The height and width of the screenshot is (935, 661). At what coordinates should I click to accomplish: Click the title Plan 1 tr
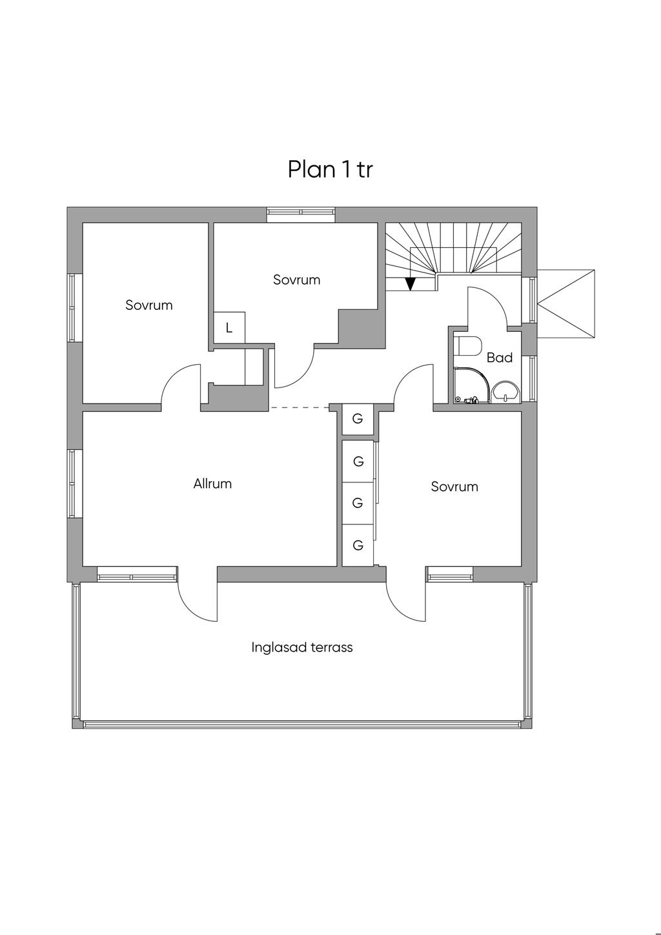330,169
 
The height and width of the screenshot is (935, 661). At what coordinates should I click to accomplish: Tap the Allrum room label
212,484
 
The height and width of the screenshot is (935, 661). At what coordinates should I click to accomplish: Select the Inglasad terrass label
301,648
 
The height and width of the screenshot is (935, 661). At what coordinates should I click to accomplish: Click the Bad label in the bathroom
500,357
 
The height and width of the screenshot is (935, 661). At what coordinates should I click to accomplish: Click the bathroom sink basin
506,393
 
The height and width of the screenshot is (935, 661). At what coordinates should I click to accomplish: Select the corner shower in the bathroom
471,385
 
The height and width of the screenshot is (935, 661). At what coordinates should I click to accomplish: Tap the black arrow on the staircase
411,284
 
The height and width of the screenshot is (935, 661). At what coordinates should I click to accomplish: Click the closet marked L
229,327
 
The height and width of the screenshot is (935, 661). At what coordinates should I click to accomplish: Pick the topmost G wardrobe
358,418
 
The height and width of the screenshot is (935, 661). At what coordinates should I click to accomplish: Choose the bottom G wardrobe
358,545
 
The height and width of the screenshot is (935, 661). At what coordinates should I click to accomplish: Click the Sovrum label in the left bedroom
149,305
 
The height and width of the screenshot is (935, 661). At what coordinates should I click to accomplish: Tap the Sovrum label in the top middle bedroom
297,280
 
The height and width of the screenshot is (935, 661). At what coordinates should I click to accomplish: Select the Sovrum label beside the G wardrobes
454,487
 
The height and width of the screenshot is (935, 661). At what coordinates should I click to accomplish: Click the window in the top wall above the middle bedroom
301,214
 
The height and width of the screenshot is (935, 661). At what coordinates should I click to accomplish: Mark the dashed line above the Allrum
300,407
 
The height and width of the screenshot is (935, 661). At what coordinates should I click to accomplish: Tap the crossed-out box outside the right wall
566,303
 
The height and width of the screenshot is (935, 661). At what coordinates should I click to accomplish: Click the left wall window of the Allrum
74,484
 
